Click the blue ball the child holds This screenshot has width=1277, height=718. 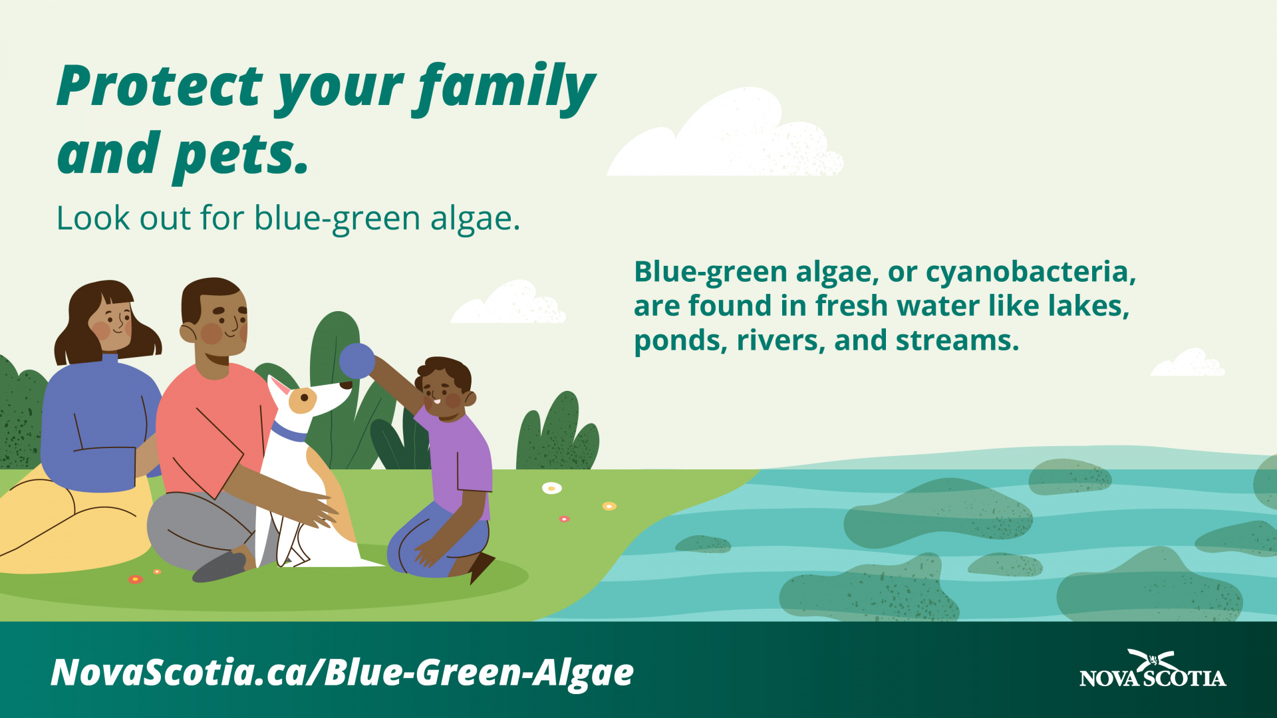357,361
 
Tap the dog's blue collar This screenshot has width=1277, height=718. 289,433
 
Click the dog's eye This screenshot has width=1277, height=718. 304,398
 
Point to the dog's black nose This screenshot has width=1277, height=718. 347,384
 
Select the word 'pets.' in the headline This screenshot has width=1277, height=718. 241,156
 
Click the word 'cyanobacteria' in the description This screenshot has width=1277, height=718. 1030,273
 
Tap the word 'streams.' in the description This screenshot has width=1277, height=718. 957,341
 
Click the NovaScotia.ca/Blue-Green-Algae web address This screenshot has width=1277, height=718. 343,673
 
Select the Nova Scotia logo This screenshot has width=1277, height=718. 1153,669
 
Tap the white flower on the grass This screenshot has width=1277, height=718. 551,489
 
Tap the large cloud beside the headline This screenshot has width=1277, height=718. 725,133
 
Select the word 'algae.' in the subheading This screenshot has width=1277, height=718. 475,219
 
